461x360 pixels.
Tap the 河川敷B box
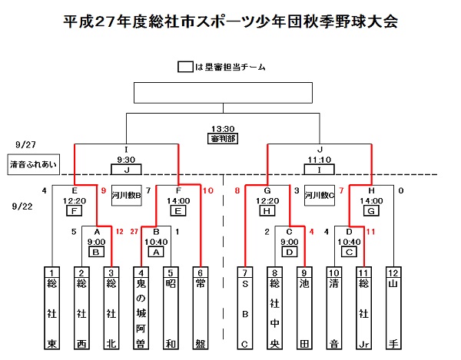pyautogui.click(x=127, y=195)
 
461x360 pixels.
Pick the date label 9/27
pyautogui.click(x=25, y=144)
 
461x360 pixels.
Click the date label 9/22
pyautogui.click(x=25, y=206)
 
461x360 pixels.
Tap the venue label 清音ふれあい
pyautogui.click(x=30, y=164)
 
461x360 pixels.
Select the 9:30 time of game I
pyautogui.click(x=127, y=160)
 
